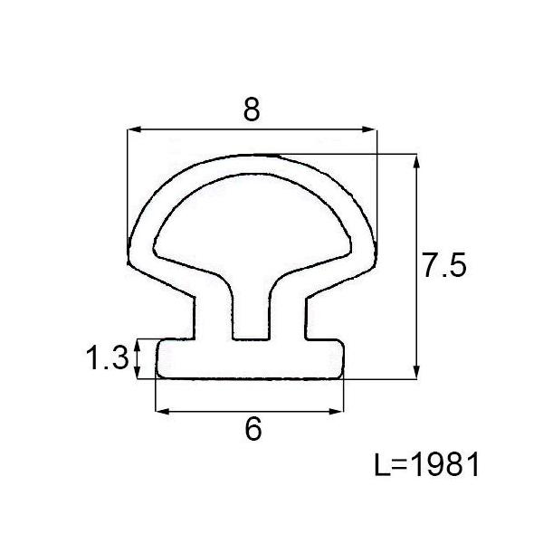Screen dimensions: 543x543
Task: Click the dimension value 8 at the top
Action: tap(252, 110)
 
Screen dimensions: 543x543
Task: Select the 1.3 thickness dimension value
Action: tap(108, 359)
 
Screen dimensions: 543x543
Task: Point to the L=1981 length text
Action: tap(425, 465)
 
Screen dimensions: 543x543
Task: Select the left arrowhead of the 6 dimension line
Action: tap(162, 412)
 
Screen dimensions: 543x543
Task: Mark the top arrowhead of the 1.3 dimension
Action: tap(138, 343)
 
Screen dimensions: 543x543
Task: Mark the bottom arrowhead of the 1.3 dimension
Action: tap(138, 374)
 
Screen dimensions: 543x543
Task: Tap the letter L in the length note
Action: tap(382, 465)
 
